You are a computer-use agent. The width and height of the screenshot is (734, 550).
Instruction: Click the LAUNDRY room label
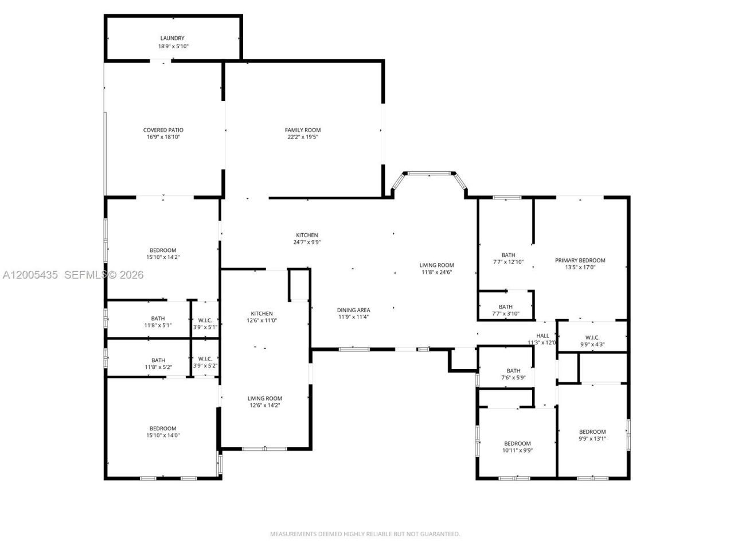(172, 38)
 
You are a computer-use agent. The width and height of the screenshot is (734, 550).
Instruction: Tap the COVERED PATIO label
(163, 130)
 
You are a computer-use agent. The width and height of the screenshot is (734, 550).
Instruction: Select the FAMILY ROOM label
(303, 130)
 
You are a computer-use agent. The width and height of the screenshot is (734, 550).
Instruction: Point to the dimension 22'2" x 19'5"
(303, 137)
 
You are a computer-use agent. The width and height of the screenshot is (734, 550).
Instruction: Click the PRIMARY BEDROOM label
(580, 260)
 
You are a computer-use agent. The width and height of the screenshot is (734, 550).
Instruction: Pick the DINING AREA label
(353, 310)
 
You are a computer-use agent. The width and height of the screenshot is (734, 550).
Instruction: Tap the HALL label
(542, 336)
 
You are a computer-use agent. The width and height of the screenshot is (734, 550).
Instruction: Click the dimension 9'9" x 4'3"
(592, 344)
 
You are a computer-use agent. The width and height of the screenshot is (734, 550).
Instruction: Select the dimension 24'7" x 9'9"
(307, 242)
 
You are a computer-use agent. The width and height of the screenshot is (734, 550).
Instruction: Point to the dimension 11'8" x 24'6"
(436, 272)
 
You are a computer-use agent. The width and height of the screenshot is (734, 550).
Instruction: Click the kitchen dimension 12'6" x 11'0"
(261, 321)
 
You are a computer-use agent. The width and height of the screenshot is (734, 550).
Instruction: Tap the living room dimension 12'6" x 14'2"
(264, 406)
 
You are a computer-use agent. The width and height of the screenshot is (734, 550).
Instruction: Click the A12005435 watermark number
(30, 275)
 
